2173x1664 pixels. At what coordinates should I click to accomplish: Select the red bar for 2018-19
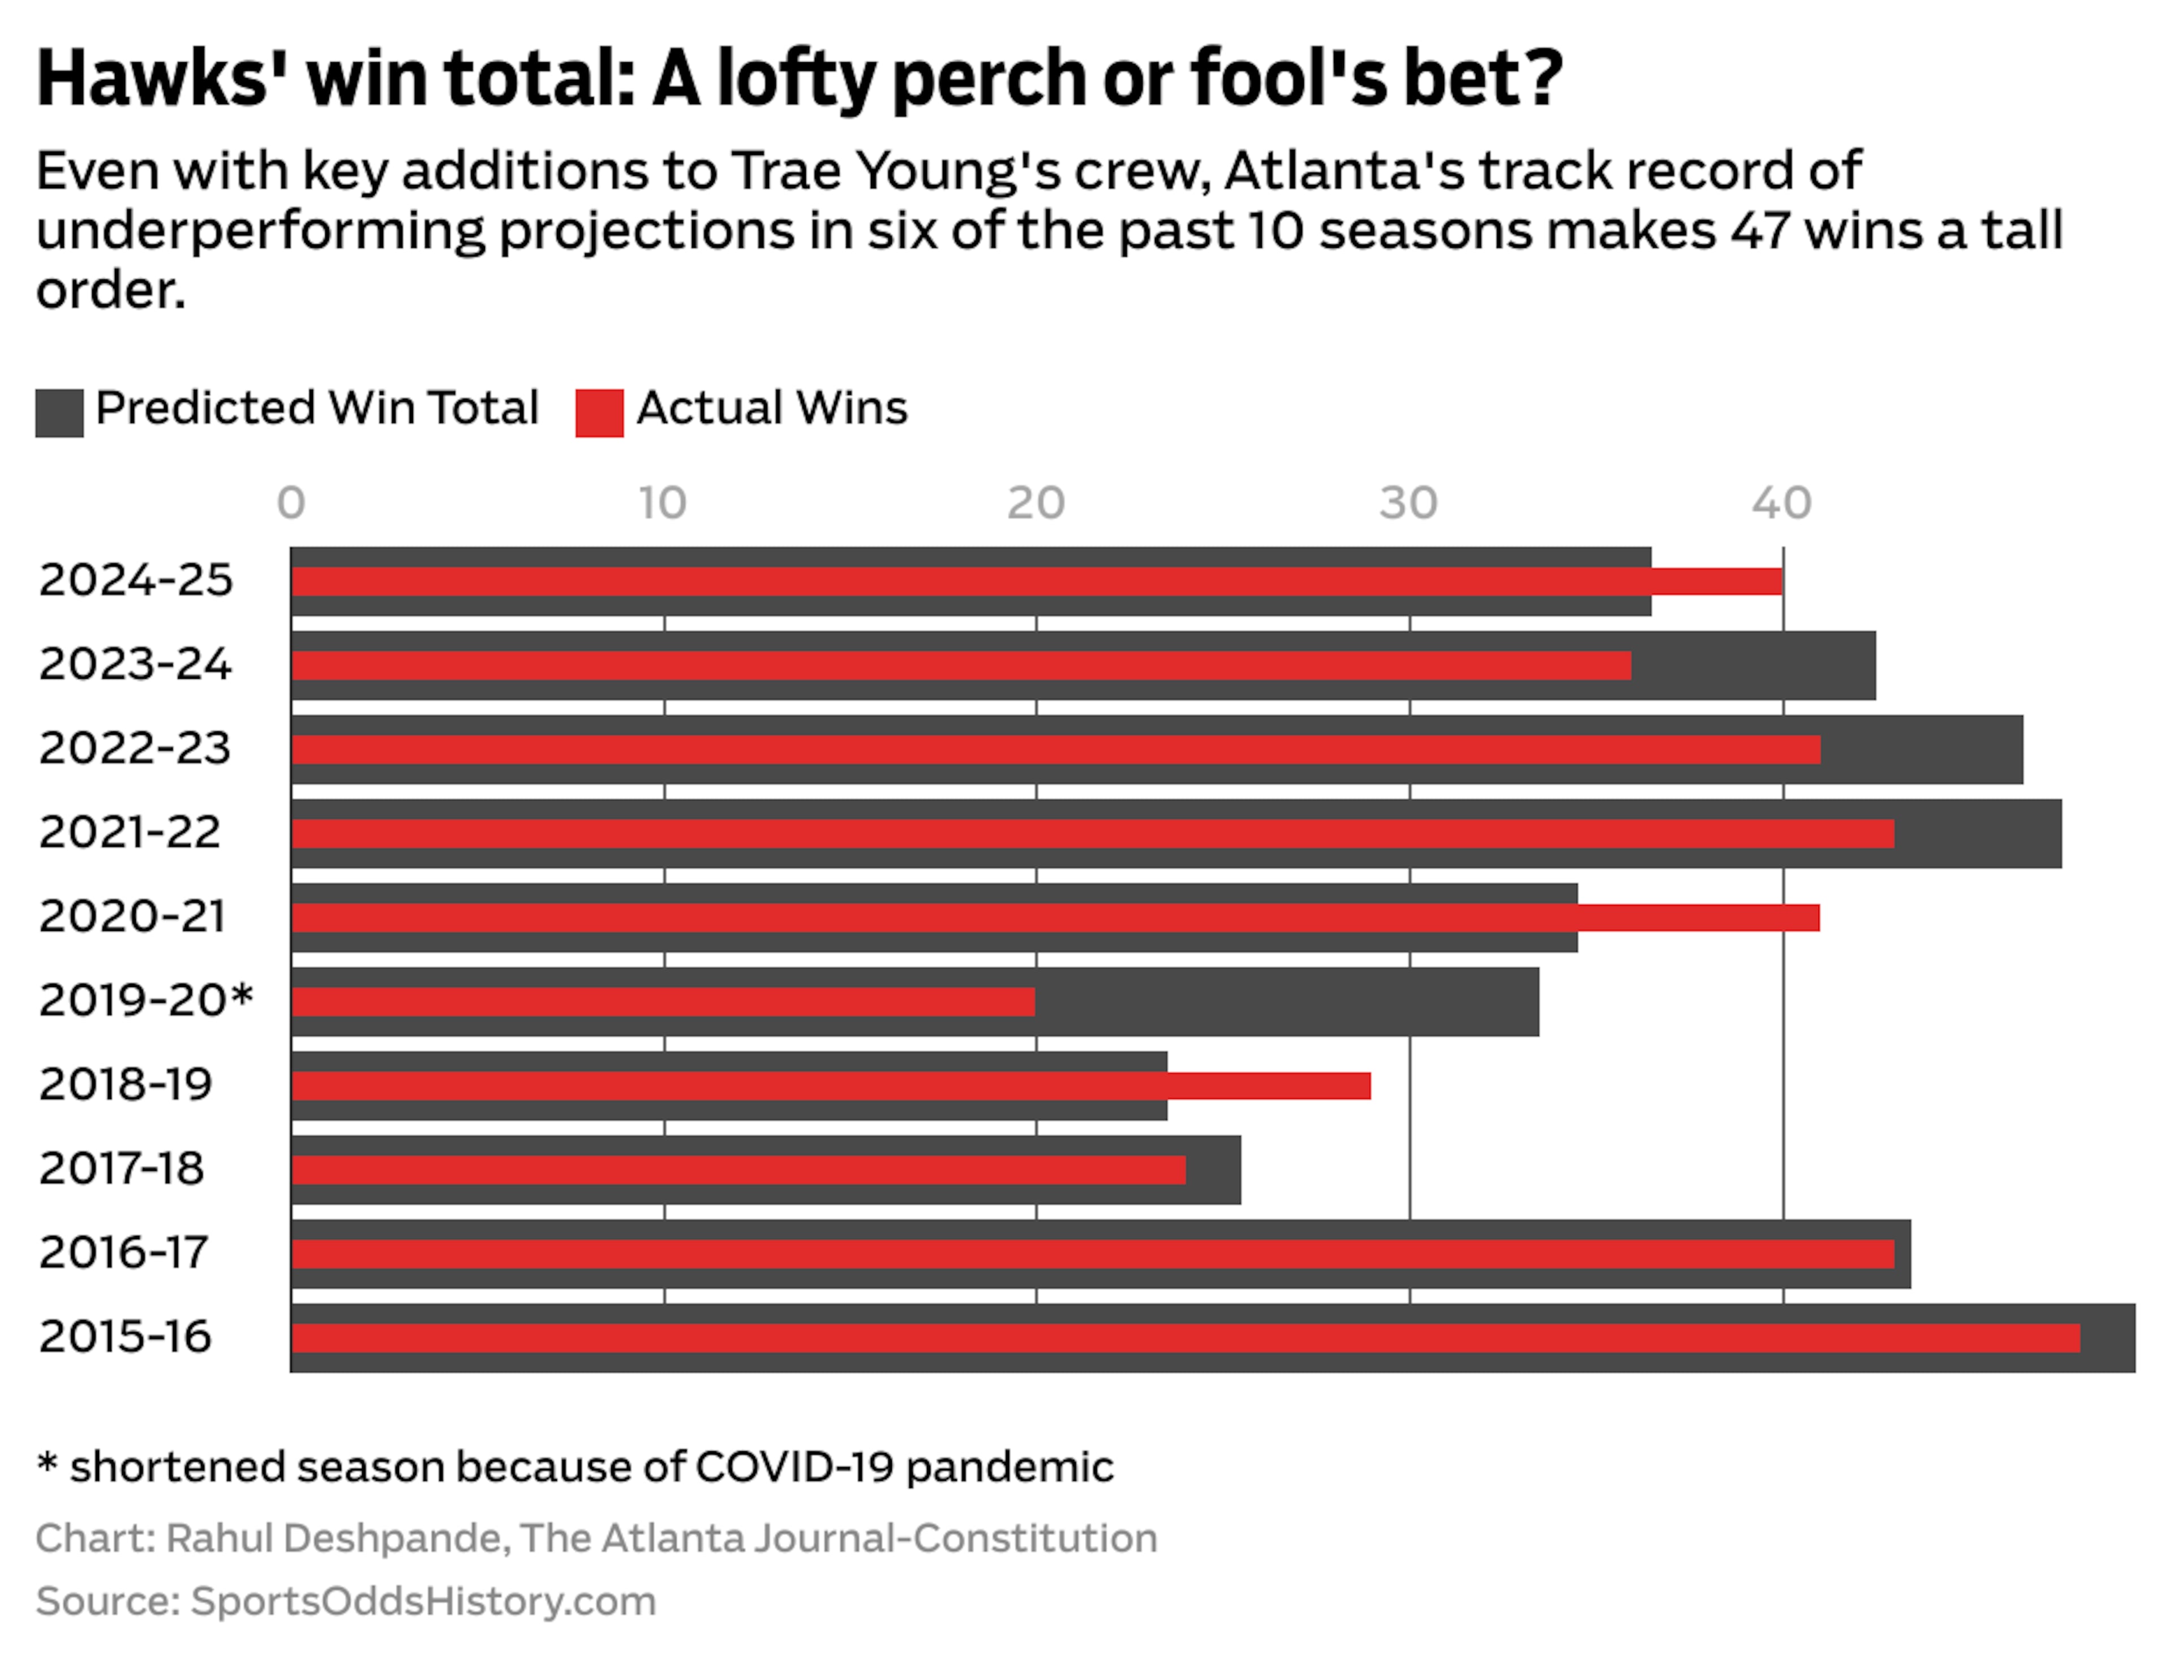pyautogui.click(x=830, y=1085)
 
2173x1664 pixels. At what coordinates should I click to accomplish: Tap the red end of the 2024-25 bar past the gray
pyautogui.click(x=1716, y=581)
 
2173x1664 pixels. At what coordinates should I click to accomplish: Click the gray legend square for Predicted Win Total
pyautogui.click(x=59, y=413)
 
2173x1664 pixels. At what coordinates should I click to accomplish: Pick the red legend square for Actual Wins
pyautogui.click(x=599, y=413)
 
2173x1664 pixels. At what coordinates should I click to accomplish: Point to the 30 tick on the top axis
pyautogui.click(x=1408, y=504)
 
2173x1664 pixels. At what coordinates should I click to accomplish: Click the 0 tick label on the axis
pyautogui.click(x=290, y=504)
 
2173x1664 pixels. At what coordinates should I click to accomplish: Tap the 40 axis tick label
pyautogui.click(x=1781, y=504)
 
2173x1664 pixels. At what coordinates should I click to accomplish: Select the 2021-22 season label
pyautogui.click(x=130, y=832)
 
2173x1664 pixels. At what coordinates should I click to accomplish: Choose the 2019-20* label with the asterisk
pyautogui.click(x=145, y=1001)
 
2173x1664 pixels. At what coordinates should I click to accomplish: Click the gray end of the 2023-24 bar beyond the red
pyautogui.click(x=1752, y=666)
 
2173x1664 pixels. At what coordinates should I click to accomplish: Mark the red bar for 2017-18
pyautogui.click(x=738, y=1170)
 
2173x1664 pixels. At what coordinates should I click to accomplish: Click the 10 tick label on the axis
pyautogui.click(x=662, y=504)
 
